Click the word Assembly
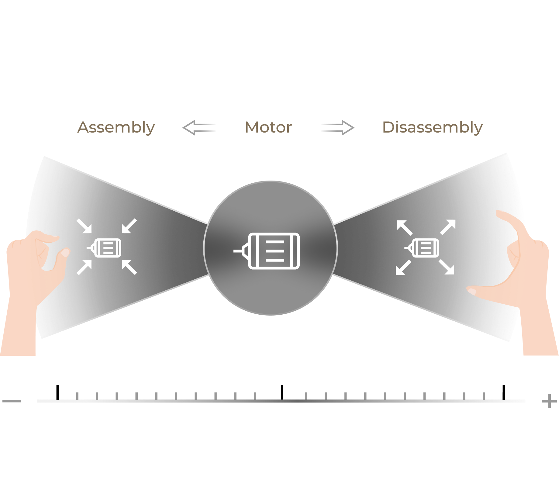coord(116,127)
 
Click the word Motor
coord(268,127)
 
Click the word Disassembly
coord(432,127)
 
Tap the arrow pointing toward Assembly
coord(199,127)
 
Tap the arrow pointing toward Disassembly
coord(338,127)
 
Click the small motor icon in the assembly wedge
coord(105,248)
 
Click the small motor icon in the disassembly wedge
coord(423,248)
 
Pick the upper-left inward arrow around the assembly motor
coord(84,226)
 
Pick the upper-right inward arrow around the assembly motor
coord(129,226)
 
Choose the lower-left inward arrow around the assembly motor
coord(84,267)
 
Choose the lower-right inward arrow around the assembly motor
coord(129,267)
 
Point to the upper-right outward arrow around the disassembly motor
coord(448,227)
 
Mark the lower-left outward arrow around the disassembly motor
coord(403,268)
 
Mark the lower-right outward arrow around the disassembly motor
coord(447,267)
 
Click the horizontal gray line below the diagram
coord(281,401)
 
